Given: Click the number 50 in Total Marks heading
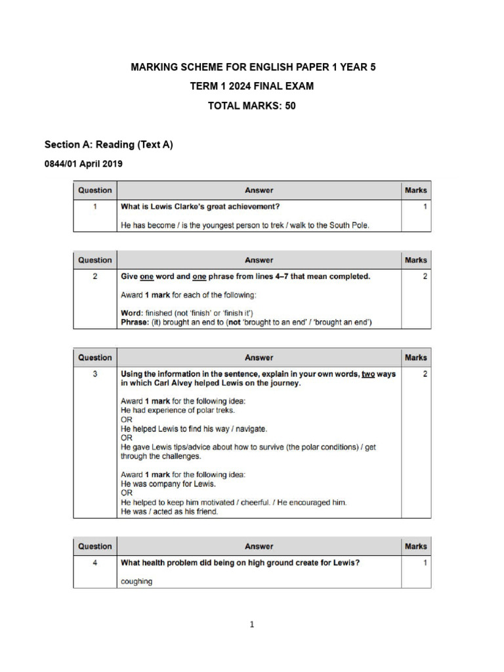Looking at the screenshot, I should click(289, 105).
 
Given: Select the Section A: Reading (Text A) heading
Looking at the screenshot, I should click(108, 144).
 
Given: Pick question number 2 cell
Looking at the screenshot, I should click(95, 277).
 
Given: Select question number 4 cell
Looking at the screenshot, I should click(95, 563).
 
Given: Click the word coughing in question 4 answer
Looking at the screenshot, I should click(137, 581).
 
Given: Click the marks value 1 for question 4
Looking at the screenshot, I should click(425, 563).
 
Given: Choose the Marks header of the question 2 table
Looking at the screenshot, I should click(415, 260).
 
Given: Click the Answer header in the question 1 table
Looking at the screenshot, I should click(259, 190).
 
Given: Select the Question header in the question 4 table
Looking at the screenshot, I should click(95, 546).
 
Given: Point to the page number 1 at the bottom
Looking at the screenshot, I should click(251, 625).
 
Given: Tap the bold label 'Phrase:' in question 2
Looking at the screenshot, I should click(136, 322).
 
